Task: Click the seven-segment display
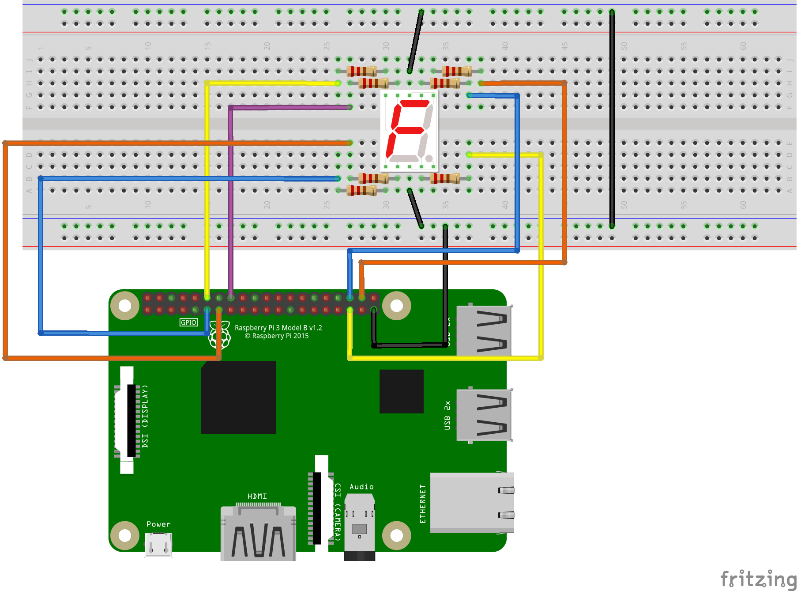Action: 409,131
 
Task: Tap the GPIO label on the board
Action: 188,322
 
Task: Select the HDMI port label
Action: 257,496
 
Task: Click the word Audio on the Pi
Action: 361,487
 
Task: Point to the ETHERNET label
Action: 423,504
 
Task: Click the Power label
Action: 158,524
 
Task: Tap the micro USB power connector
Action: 158,545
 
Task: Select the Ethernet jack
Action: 472,503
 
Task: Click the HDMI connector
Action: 259,534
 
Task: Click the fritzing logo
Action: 758,579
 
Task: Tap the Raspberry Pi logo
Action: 220,335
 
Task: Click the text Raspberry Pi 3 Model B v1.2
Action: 278,328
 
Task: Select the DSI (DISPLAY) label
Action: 145,416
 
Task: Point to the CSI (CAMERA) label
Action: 338,511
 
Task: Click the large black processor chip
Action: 238,397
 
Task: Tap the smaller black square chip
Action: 401,391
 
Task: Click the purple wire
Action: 231,199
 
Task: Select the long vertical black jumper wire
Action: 612,119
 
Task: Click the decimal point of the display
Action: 429,158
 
